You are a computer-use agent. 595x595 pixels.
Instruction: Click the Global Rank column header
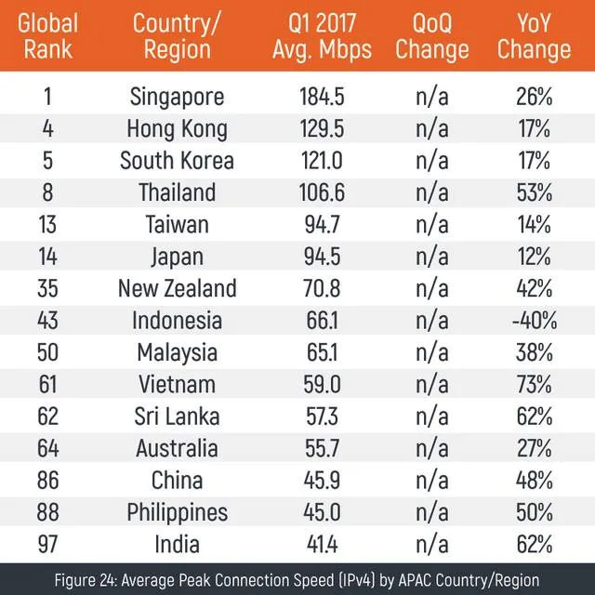[49, 35]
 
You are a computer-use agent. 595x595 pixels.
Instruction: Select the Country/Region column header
[177, 35]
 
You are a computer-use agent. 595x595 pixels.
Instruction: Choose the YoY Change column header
[535, 35]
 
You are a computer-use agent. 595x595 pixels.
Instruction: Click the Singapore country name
[177, 97]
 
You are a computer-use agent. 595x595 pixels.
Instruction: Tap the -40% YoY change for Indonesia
[535, 322]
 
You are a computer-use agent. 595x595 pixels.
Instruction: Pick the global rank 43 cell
[49, 322]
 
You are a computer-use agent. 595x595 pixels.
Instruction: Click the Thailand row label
[177, 193]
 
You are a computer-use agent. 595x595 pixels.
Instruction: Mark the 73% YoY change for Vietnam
[535, 385]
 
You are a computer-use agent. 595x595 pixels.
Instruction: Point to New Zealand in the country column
[177, 289]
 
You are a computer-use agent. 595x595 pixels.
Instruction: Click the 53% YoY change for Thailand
[535, 193]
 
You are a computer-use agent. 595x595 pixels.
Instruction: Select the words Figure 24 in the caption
[89, 578]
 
